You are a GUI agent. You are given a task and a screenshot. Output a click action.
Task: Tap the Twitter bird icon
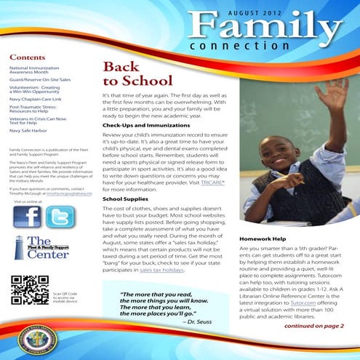(x=60, y=217)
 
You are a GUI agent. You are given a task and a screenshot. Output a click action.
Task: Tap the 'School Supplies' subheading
(x=125, y=198)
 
